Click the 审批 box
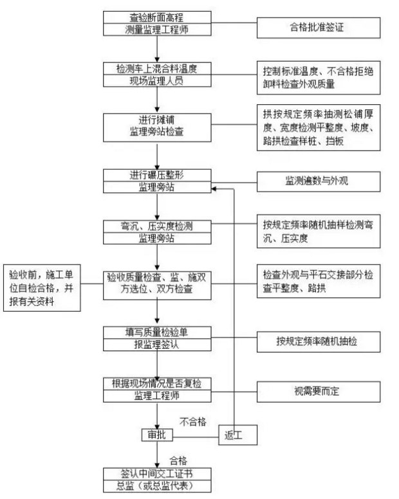click(154, 435)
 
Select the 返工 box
click(234, 435)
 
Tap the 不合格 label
click(192, 421)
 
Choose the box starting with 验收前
click(43, 286)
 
